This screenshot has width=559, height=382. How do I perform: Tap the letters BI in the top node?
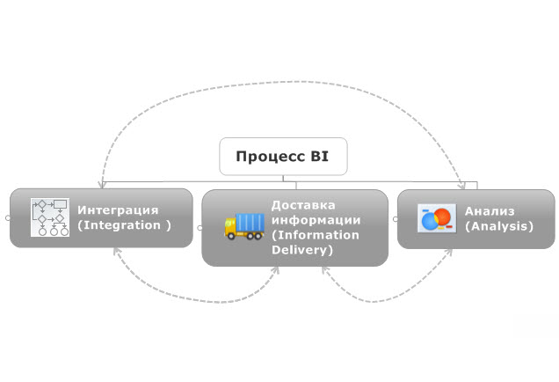[x=318, y=157]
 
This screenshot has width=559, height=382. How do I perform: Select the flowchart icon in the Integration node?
[x=49, y=217]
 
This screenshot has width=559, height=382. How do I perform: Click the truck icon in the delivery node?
[x=244, y=226]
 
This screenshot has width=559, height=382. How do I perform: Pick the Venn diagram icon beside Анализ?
[x=436, y=218]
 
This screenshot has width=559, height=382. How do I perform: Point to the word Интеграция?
[x=118, y=209]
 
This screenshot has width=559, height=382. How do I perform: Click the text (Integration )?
[x=124, y=225]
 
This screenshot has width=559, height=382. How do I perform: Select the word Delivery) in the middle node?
[x=302, y=250]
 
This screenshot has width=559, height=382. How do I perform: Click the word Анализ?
[x=490, y=210]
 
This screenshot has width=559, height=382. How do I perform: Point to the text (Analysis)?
[x=499, y=226]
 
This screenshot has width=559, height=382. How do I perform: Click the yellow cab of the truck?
[x=232, y=228]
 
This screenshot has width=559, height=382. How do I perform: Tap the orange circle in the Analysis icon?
[x=443, y=215]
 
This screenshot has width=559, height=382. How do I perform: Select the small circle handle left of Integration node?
[x=6, y=217]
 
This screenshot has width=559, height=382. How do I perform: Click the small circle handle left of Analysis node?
[x=395, y=217]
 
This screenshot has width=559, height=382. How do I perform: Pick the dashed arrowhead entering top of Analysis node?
[x=462, y=186]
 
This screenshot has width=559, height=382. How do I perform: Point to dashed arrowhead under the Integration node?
[x=114, y=252]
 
